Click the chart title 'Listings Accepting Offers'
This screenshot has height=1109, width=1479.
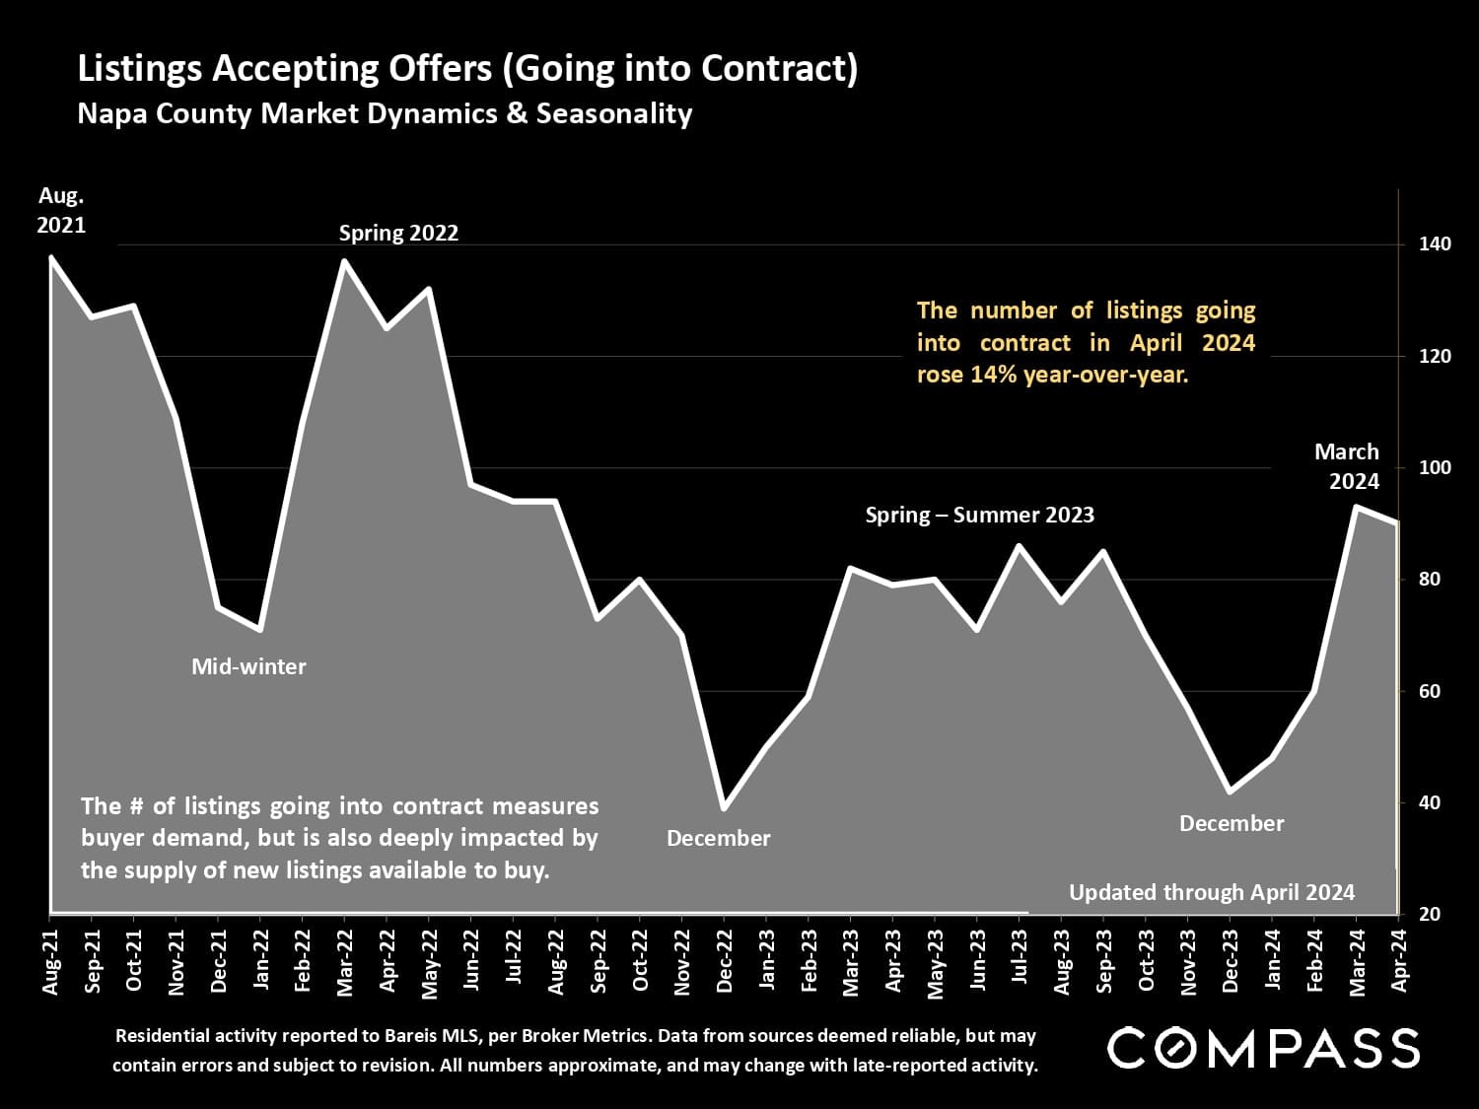coord(467,69)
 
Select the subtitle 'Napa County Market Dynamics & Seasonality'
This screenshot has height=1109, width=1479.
coord(385,113)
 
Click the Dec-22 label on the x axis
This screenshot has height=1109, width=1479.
coord(725,960)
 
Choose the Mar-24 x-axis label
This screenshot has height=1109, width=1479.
coord(1357,960)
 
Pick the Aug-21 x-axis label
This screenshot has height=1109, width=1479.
coord(50,960)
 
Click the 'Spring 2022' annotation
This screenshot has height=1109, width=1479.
coord(398,234)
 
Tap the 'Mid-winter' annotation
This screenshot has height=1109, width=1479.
coord(248,666)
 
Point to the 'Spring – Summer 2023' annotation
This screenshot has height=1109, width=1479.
coord(979,515)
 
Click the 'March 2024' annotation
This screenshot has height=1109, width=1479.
coord(1346,466)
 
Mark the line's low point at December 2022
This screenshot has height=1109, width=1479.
coord(725,808)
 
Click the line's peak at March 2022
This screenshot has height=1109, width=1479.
coord(344,261)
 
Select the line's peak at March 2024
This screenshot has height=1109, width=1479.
coord(1357,507)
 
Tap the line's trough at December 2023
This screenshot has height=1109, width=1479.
coord(1230,792)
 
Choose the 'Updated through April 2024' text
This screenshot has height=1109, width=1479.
coord(1212,892)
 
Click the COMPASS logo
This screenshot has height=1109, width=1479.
coord(1263,1048)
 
